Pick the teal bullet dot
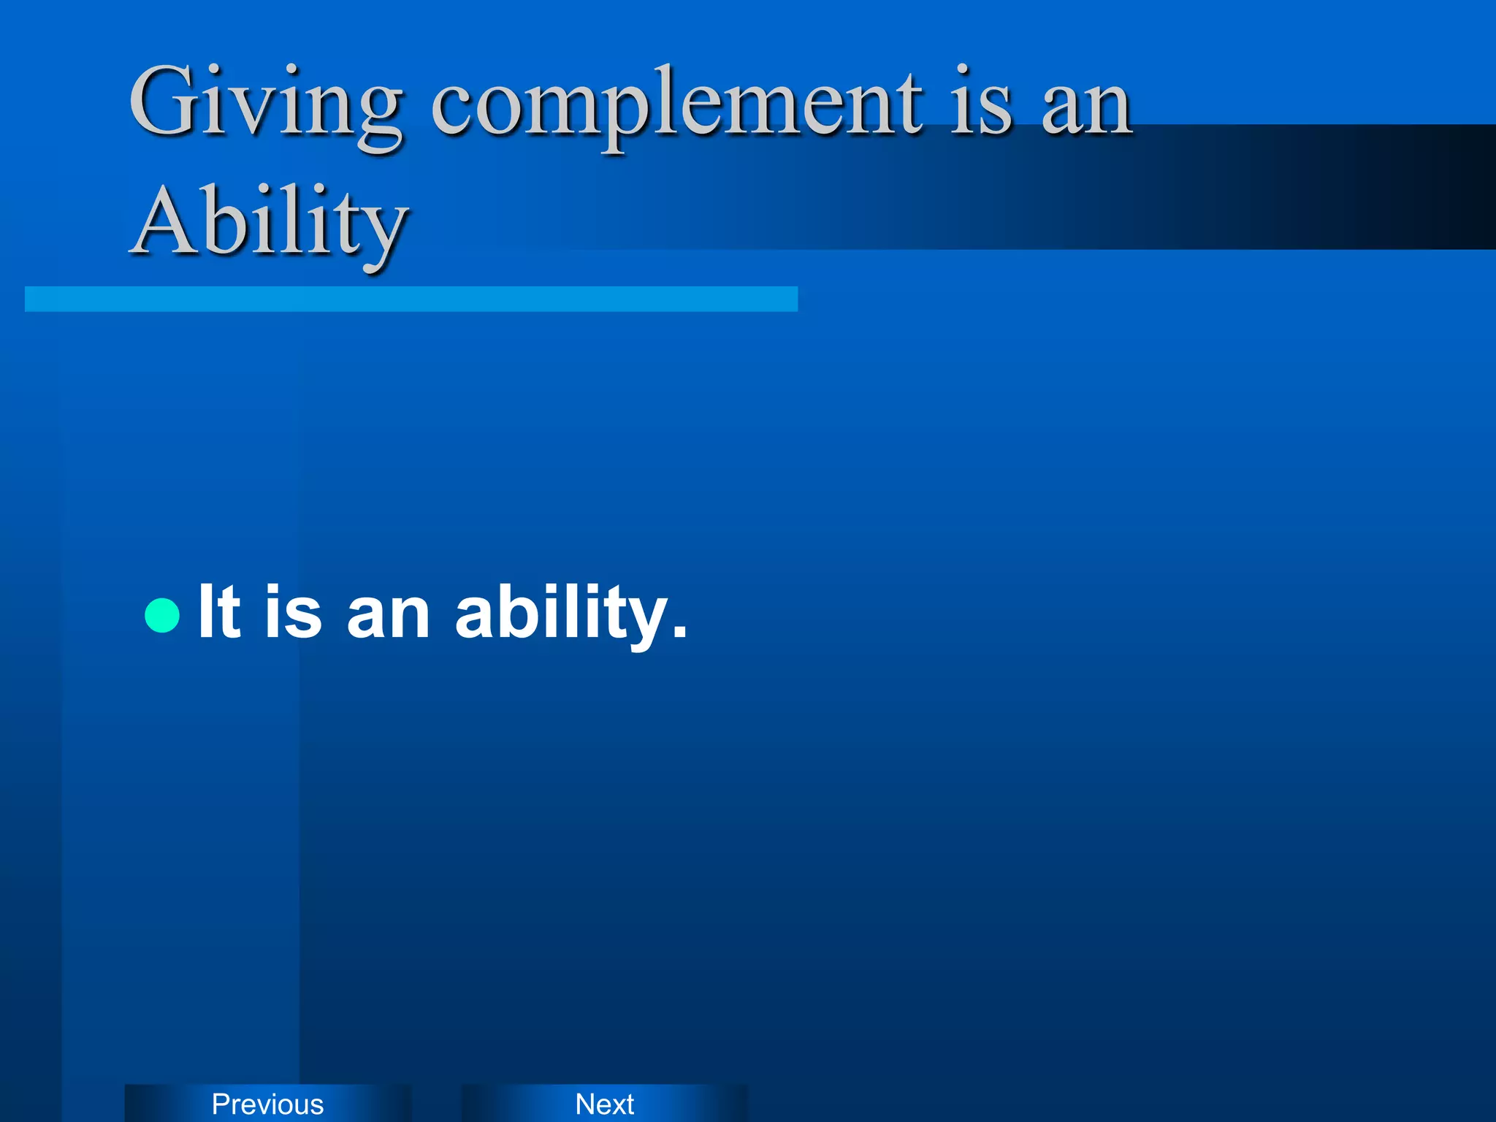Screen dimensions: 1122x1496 click(x=162, y=614)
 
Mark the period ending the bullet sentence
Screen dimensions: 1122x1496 click(x=680, y=633)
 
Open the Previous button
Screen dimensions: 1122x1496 click(x=267, y=1104)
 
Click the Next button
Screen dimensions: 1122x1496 click(x=604, y=1104)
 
